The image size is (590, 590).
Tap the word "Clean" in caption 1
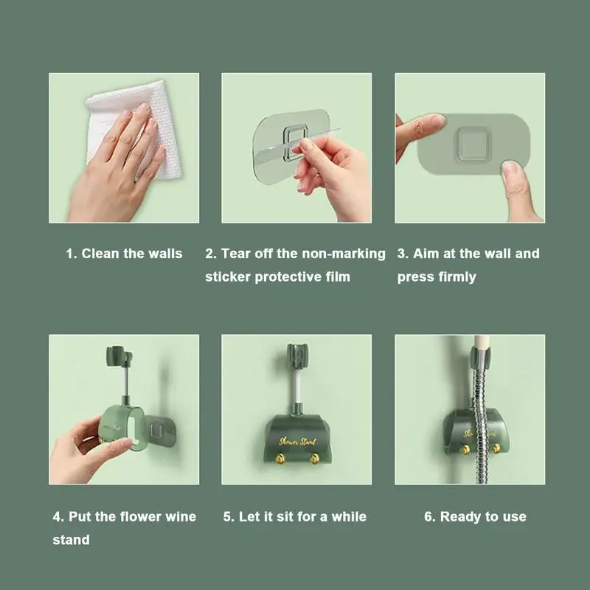coord(101,254)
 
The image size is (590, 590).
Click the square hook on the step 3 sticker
coord(473,144)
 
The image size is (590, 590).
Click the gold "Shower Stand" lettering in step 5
coord(297,441)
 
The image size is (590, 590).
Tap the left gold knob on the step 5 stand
coord(280,458)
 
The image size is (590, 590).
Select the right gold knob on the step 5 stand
coord(314,459)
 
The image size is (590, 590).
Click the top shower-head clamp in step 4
coord(119,356)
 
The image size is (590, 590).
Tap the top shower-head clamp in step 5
coord(297,355)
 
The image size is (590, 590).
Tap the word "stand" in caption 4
coord(71,540)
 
